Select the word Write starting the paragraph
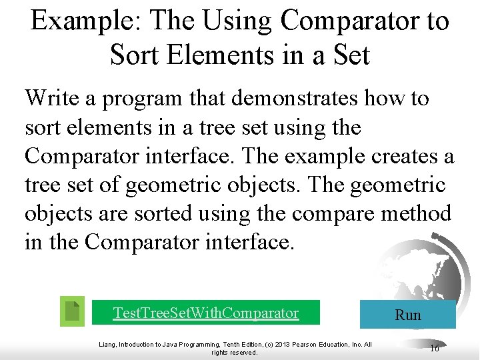[x=53, y=98]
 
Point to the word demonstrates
[x=293, y=98]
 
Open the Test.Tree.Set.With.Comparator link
[x=206, y=313]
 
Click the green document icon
[x=72, y=311]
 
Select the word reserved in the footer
[x=243, y=353]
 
